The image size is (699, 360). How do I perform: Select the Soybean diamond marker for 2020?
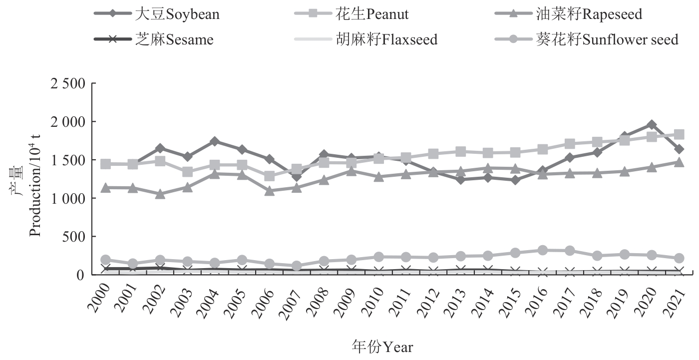click(x=652, y=124)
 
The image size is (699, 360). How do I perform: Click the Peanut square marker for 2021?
click(x=679, y=134)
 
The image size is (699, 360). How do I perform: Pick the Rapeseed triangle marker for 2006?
click(x=270, y=191)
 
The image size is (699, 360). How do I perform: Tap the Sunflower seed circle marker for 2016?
click(x=542, y=250)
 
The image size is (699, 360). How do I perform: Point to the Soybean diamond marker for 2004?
click(x=215, y=141)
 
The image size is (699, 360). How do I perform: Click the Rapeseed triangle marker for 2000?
click(x=105, y=188)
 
